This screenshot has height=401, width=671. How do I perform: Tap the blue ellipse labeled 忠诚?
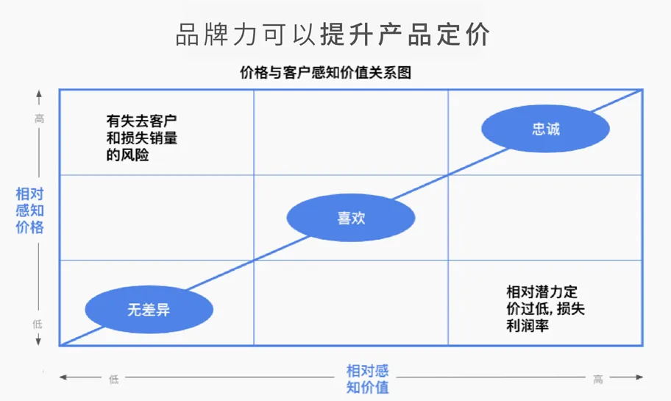[x=545, y=129]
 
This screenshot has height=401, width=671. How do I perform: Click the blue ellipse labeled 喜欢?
[x=351, y=218]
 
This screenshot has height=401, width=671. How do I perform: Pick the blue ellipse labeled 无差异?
[x=149, y=310]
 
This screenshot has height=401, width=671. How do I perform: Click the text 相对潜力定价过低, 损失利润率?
[x=545, y=308]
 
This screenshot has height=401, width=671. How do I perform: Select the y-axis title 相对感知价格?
[x=29, y=210]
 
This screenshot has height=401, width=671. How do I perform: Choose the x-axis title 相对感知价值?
[x=367, y=379]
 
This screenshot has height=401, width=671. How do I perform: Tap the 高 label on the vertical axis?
[x=39, y=118]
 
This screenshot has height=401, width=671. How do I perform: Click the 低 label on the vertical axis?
[x=39, y=324]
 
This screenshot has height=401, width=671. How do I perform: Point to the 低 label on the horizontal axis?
[x=113, y=379]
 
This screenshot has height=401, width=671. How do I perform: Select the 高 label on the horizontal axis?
[x=598, y=379]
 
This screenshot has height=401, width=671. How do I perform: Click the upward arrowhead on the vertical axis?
[x=39, y=94]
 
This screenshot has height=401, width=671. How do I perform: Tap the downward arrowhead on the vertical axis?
[x=39, y=341]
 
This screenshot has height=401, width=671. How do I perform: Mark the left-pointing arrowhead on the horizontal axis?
[x=64, y=378]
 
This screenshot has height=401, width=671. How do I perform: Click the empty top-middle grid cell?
[x=350, y=132]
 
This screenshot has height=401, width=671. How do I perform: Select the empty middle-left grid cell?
[x=156, y=218]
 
